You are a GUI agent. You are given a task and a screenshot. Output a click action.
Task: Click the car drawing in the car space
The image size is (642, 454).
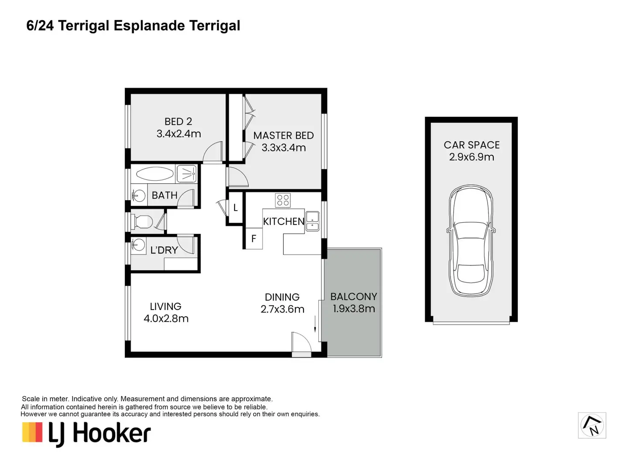471,241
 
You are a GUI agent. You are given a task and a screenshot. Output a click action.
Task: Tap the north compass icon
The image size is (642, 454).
592,425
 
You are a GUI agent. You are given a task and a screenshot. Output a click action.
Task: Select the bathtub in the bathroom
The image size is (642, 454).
155,174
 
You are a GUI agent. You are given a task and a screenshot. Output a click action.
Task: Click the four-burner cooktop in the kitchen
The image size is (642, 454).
283,200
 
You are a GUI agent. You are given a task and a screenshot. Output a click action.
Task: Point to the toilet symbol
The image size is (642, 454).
142,222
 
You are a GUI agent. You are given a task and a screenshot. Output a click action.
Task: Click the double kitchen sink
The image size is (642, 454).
312,221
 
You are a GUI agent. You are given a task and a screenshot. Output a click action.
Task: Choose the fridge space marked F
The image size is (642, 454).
254,239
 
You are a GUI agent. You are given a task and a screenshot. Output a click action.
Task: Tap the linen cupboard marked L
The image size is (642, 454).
236,208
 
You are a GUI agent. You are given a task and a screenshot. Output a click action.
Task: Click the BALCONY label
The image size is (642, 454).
354,297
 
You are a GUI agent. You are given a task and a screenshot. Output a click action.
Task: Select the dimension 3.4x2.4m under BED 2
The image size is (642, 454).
178,134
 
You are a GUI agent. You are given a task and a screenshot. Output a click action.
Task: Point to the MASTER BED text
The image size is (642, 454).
283,136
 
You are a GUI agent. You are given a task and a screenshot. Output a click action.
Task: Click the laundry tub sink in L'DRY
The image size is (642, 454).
138,245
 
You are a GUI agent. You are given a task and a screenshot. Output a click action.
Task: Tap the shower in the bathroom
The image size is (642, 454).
187,174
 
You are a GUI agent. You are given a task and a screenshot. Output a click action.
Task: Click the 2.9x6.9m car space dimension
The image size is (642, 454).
471,157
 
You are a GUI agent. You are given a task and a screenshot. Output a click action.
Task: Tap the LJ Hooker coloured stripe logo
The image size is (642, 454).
32,432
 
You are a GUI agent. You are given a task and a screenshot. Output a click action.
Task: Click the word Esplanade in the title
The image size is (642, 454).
149,26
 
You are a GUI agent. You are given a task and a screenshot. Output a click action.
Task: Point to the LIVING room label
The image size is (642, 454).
166,307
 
